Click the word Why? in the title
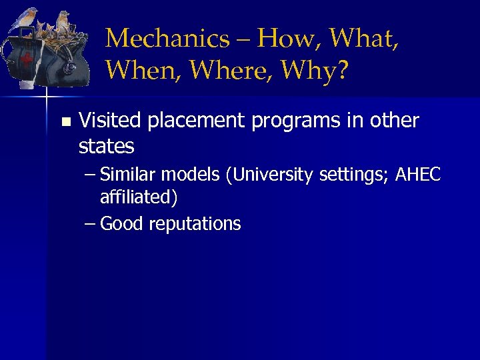(x=320, y=70)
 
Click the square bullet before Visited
(x=65, y=122)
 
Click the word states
(x=106, y=145)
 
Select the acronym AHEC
(x=418, y=175)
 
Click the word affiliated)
(x=139, y=197)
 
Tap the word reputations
(x=195, y=224)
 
